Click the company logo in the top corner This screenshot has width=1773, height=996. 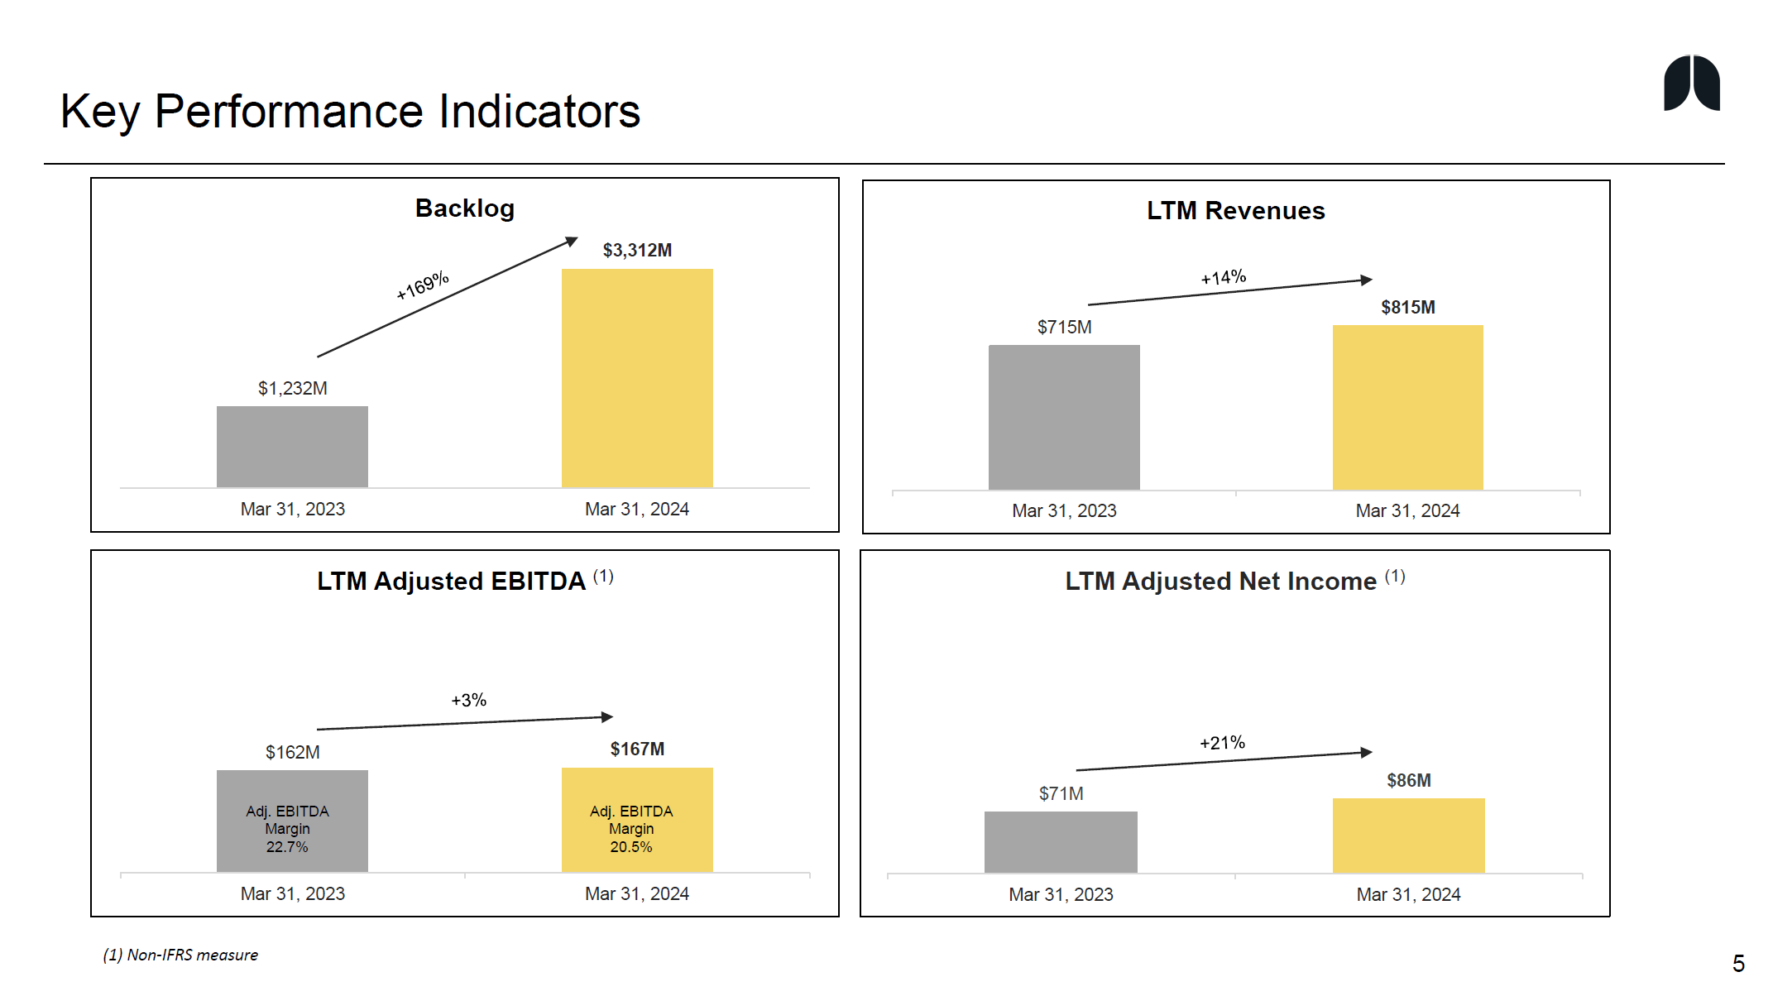(1691, 83)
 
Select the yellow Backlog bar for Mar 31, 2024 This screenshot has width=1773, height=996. (637, 378)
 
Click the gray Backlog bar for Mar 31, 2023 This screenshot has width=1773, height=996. (292, 447)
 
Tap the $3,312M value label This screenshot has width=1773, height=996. (637, 250)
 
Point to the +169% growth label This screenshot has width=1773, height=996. (422, 285)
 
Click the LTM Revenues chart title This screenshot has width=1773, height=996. (1235, 211)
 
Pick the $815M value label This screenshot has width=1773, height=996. (1407, 308)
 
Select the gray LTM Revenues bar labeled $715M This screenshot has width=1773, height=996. (1064, 417)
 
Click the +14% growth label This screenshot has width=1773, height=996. (1223, 277)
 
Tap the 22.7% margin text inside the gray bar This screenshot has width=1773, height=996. (287, 847)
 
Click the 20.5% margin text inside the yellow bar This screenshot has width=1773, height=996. (631, 847)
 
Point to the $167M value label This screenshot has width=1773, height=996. (637, 749)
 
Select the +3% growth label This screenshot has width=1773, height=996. (468, 701)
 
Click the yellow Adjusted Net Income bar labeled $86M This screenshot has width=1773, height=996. (1408, 836)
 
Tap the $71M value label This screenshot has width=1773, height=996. (1061, 794)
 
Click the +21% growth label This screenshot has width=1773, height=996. (1222, 743)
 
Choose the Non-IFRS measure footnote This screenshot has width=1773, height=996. (180, 955)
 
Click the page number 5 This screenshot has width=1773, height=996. (1738, 964)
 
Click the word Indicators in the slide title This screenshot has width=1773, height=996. (539, 112)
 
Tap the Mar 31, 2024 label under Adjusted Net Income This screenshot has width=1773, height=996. (1408, 895)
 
